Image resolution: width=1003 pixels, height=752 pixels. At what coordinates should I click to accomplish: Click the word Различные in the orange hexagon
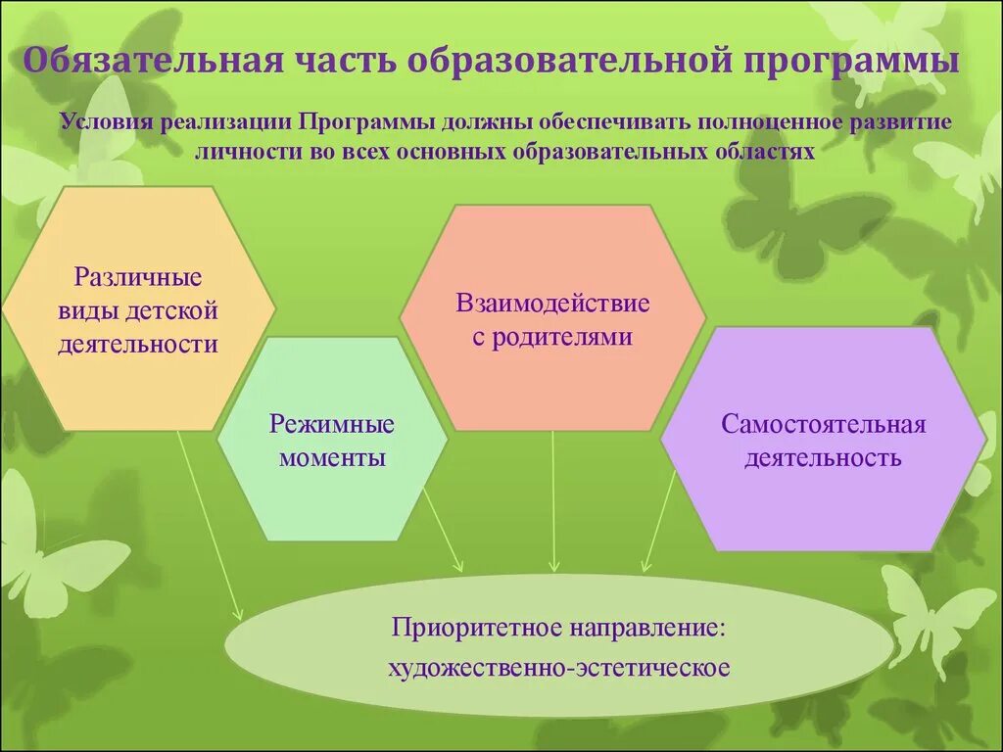point(138,277)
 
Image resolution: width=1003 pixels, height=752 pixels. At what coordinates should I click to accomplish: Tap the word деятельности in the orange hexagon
point(138,344)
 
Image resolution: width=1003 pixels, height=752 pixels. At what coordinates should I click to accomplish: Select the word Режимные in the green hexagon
point(332,425)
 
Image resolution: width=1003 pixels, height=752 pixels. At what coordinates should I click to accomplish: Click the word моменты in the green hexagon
point(332,458)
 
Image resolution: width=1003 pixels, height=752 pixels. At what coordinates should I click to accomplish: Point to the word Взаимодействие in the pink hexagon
point(552,303)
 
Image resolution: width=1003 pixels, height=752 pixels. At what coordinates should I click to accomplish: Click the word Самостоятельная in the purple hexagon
point(824,425)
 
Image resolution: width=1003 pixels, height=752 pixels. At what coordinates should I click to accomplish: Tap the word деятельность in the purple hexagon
point(824,458)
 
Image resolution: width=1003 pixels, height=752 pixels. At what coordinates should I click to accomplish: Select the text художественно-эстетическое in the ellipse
point(559,669)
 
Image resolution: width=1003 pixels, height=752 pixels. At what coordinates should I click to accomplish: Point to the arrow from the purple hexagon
point(659,519)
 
